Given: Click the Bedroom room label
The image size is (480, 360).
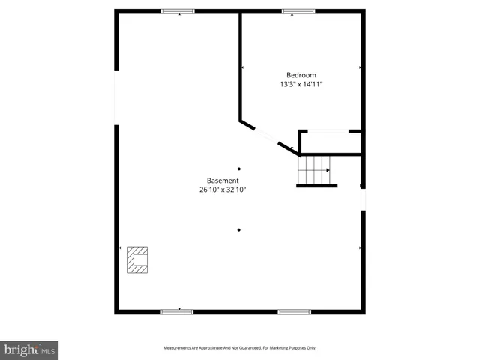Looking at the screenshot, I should [x=301, y=75].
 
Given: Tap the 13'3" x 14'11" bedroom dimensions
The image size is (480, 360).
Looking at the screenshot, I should [x=301, y=85].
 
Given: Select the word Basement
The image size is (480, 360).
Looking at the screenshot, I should [x=223, y=181].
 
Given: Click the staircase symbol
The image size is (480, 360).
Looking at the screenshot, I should [x=313, y=170].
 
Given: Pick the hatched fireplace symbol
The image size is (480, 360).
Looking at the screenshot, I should [x=137, y=260].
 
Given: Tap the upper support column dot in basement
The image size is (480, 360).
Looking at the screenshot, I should [x=239, y=169].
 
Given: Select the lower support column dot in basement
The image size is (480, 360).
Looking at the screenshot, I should [x=239, y=230].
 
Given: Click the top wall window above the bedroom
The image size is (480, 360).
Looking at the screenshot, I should [x=298, y=11].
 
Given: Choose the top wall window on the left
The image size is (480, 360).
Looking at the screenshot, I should [x=178, y=11].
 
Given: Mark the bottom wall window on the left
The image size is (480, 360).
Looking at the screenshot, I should [x=177, y=311].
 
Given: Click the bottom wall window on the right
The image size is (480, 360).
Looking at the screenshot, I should [x=295, y=311].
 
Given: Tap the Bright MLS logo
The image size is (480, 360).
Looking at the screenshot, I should [x=30, y=349].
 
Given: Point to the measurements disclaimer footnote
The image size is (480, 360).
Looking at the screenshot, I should [x=240, y=348].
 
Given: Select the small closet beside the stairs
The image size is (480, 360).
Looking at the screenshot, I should [x=330, y=142].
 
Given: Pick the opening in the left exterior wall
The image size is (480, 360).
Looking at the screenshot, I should [x=117, y=97].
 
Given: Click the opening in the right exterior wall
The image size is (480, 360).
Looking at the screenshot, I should [x=363, y=199].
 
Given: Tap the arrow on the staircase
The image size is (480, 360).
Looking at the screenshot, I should [x=328, y=170].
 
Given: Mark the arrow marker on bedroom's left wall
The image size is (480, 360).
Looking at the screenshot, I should [x=243, y=67].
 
